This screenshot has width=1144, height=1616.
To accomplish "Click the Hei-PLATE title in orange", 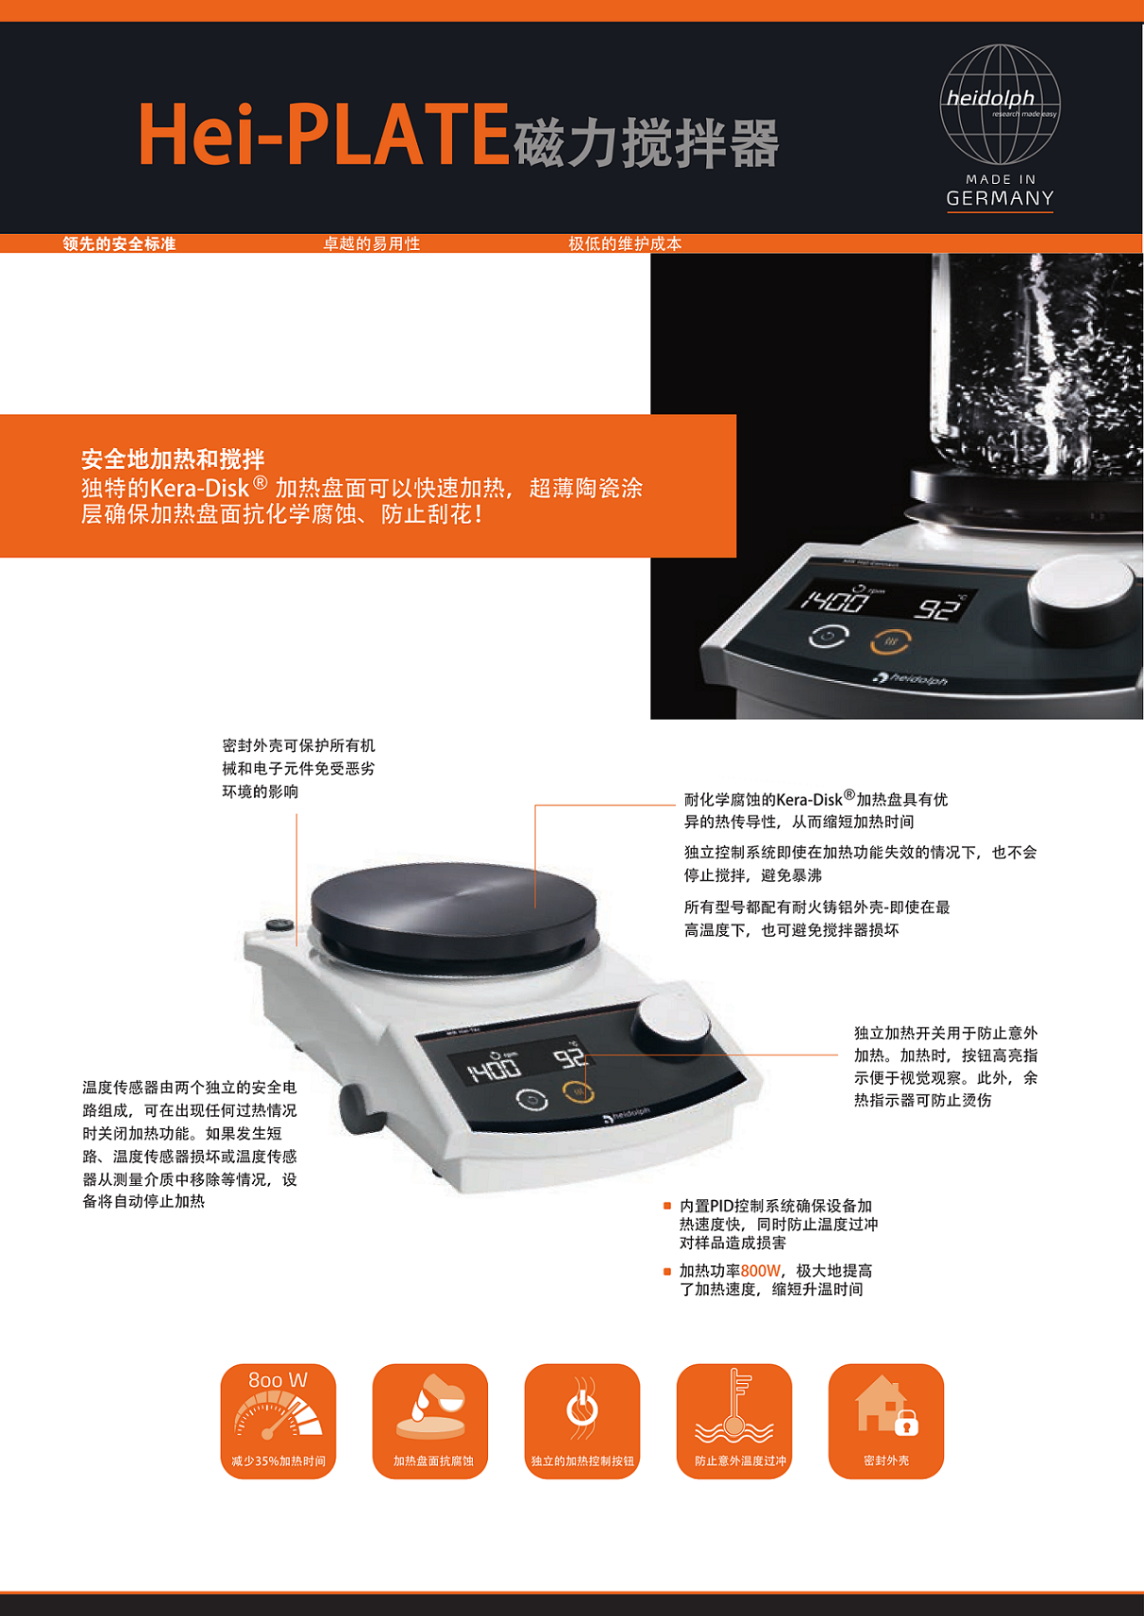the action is pos(324,135).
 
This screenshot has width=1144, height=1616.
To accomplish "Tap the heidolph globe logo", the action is pos(1000,106).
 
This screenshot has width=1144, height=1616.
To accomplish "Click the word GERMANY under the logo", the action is pos(1000,198).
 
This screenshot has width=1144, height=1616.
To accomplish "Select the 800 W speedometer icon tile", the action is pos(278,1421).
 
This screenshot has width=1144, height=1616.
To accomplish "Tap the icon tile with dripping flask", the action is pos(430,1421).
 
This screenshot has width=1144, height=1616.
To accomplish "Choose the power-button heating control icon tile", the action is pos(581,1421).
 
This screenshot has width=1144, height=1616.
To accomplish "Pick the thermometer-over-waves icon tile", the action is pos(734,1421).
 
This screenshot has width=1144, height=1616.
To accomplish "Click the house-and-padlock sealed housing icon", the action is pos(886,1421).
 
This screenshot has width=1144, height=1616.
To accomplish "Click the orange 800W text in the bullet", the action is pos(761,1271).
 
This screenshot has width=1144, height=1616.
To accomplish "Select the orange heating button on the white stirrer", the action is pos(578,1093).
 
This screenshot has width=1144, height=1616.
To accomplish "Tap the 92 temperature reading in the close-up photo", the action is pos(938,608).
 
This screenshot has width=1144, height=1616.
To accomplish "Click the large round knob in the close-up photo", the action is pos(1082,596).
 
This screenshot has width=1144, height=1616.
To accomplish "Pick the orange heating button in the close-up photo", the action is pos(891,641).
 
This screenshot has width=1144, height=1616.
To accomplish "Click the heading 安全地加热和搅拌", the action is pos(173,458).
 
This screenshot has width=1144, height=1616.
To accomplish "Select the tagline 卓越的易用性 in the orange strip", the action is pos(371,243).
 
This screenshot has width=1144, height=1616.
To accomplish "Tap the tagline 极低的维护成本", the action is pos(625,243).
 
